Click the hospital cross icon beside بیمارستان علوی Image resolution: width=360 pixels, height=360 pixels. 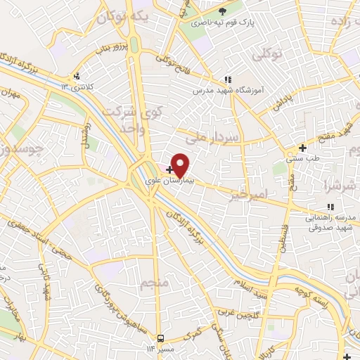[x=169, y=169]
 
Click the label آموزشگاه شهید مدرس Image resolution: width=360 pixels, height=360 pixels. [x=229, y=91]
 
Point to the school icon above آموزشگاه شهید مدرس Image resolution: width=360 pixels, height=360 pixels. [x=227, y=80]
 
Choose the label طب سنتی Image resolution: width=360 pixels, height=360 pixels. [x=303, y=158]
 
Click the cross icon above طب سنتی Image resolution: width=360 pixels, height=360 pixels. [x=302, y=148]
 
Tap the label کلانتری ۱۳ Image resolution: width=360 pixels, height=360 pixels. [x=77, y=86]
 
